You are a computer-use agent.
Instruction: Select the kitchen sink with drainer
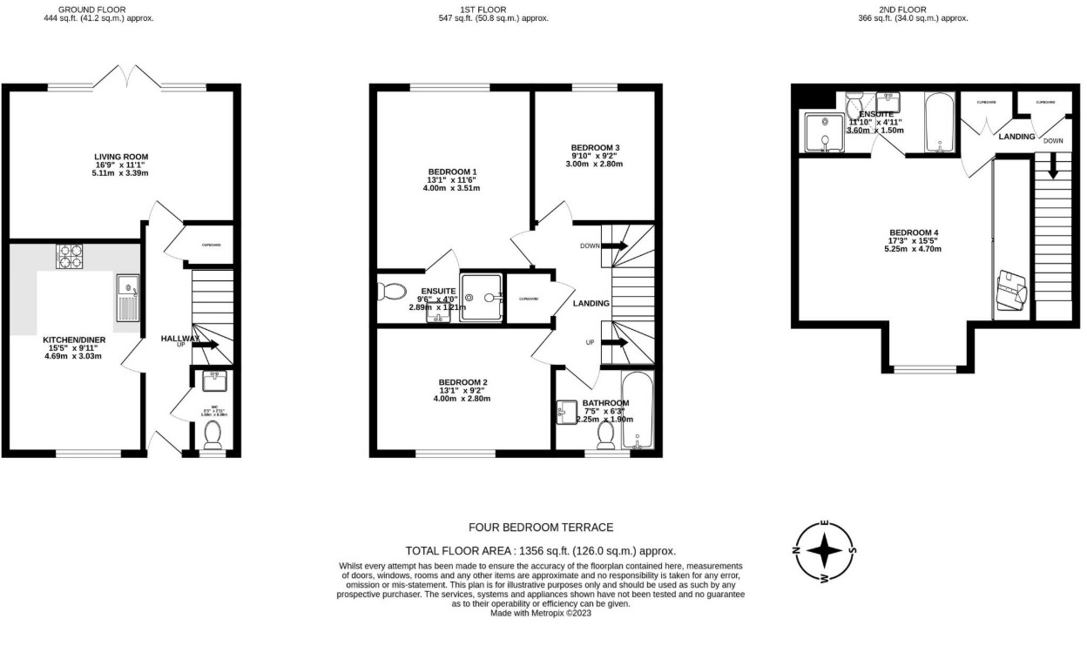127,296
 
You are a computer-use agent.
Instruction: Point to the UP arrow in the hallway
206,345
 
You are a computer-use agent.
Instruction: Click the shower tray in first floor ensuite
482,298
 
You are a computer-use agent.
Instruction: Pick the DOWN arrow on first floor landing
614,246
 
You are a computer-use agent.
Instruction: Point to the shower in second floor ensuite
822,133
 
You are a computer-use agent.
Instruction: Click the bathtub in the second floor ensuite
938,123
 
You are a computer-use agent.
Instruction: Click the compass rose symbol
824,551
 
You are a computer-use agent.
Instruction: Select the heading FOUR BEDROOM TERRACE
541,528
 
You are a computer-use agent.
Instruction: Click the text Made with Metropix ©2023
541,613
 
